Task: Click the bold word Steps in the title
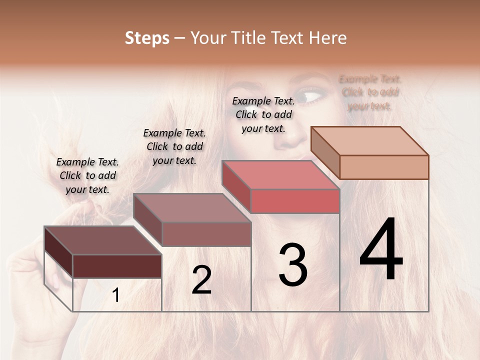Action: pyautogui.click(x=147, y=38)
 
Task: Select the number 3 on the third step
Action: pyautogui.click(x=293, y=264)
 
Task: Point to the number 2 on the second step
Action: pyautogui.click(x=201, y=280)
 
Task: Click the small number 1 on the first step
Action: pyautogui.click(x=116, y=295)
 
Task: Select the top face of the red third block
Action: pyautogui.click(x=280, y=175)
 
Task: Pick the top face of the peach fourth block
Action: pyautogui.click(x=369, y=141)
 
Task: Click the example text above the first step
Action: pyautogui.click(x=87, y=175)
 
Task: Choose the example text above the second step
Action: pyautogui.click(x=174, y=146)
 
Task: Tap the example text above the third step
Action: pyautogui.click(x=263, y=114)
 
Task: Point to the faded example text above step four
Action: pyautogui.click(x=370, y=92)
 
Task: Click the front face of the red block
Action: pyautogui.click(x=295, y=201)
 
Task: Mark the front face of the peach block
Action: pyautogui.click(x=384, y=167)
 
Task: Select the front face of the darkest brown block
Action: pyautogui.click(x=117, y=266)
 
